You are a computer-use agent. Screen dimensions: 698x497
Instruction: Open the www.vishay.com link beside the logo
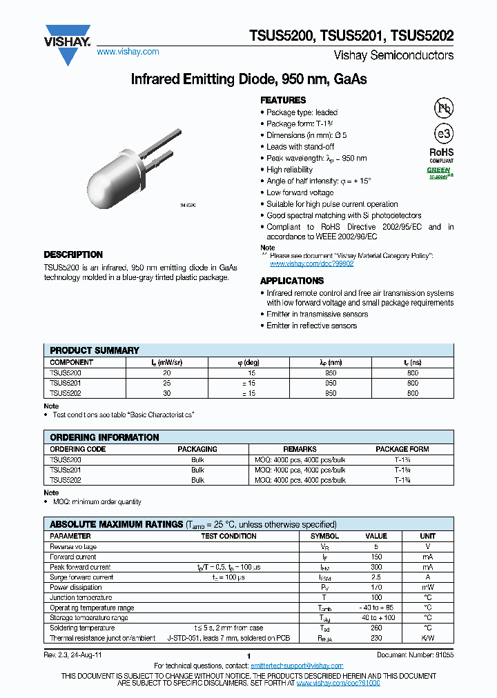click(x=128, y=52)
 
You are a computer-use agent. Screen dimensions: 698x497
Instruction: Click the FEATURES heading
click(x=283, y=100)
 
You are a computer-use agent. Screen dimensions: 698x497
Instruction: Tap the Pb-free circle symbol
click(x=442, y=108)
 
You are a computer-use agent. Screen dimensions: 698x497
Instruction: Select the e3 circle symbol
click(x=442, y=134)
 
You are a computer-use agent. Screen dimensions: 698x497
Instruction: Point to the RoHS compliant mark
click(x=442, y=155)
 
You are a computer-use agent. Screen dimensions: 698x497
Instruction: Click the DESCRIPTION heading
click(x=73, y=255)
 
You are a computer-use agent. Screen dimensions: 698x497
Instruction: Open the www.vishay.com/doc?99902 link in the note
click(x=311, y=263)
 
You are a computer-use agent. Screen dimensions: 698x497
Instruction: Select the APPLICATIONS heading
click(x=292, y=281)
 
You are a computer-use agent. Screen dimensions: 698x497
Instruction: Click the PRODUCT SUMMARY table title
click(x=95, y=350)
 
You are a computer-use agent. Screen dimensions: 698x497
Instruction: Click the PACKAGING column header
click(x=198, y=449)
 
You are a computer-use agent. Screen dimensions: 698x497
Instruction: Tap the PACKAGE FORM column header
click(x=402, y=449)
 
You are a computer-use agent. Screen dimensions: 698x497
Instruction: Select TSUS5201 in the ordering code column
click(x=66, y=470)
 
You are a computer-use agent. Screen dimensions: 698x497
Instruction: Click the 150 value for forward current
click(x=376, y=557)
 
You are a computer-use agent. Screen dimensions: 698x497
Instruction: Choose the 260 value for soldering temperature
click(x=376, y=628)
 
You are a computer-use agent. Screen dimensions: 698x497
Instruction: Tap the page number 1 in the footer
click(x=248, y=656)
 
